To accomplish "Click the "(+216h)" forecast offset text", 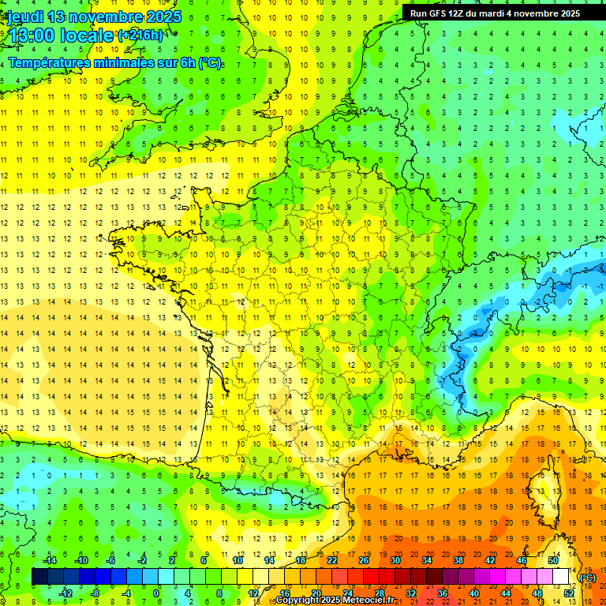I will point(140,36).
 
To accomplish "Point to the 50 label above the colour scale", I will point(553,560).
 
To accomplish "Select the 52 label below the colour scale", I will point(569,593).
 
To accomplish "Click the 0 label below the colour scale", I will point(156,593).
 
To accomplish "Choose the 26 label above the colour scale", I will point(364,560).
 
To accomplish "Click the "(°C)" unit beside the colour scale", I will point(588,578).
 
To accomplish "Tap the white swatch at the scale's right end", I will point(561,577).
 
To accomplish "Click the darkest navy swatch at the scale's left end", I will point(39,577).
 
